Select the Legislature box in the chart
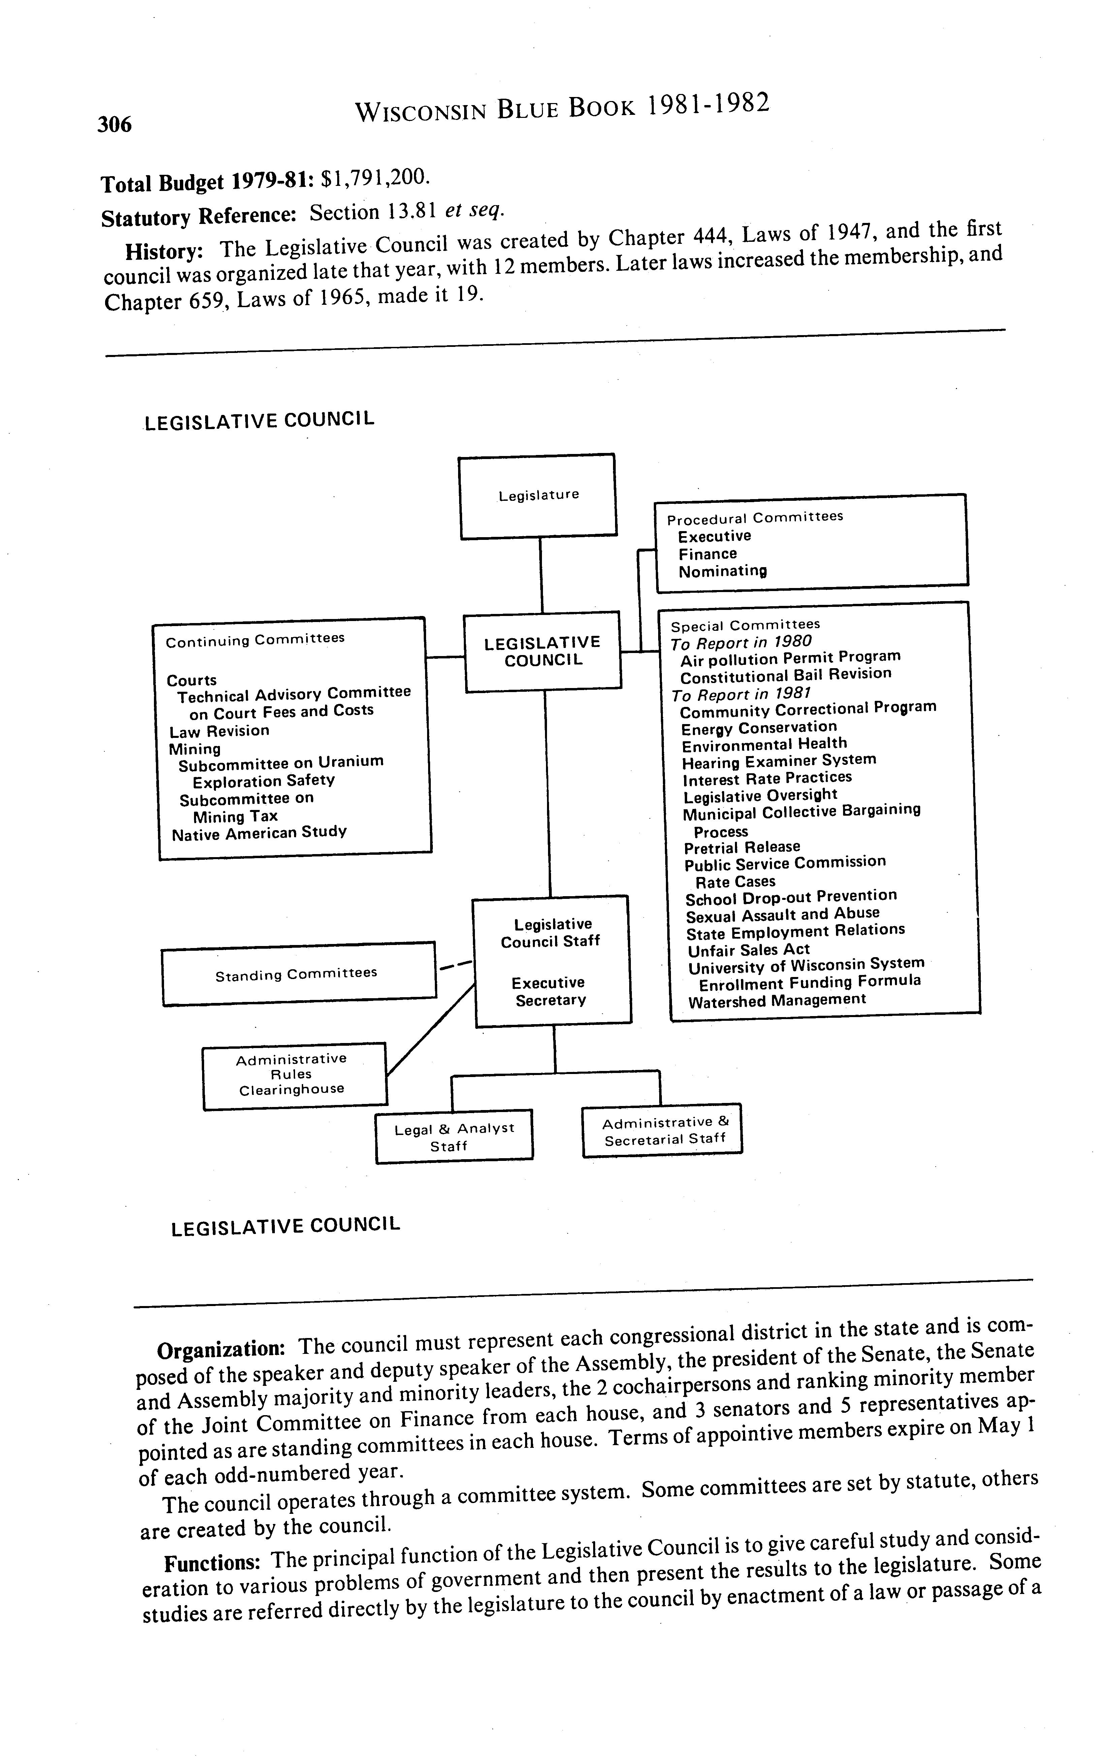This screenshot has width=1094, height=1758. [538, 496]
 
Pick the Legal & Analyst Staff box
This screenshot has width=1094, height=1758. [454, 1137]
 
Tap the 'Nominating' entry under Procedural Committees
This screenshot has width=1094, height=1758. [722, 572]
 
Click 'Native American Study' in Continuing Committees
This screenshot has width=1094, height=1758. [259, 833]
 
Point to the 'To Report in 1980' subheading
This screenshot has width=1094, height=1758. [741, 642]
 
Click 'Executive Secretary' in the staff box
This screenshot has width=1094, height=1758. [550, 991]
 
